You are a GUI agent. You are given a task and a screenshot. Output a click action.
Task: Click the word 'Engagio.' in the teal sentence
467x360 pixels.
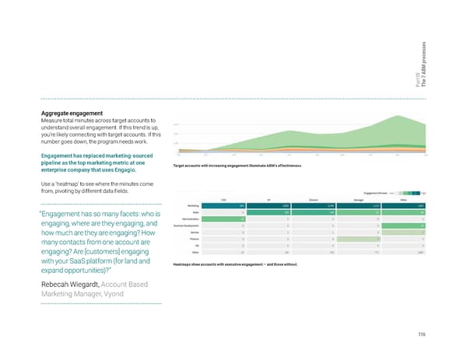125,170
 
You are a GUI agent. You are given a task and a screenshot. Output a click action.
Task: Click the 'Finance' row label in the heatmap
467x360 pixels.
188,239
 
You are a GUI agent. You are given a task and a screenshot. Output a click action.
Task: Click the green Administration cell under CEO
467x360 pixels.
223,219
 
